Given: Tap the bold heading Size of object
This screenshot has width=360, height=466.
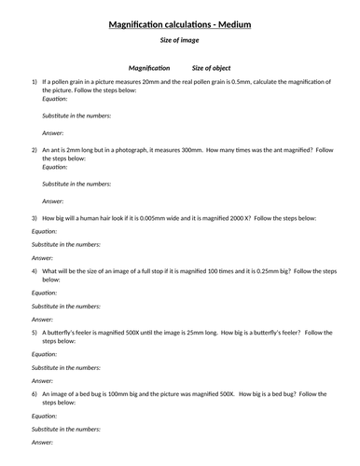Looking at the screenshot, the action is (x=213, y=68).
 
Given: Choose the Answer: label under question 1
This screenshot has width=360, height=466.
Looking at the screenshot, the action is (x=53, y=133).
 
